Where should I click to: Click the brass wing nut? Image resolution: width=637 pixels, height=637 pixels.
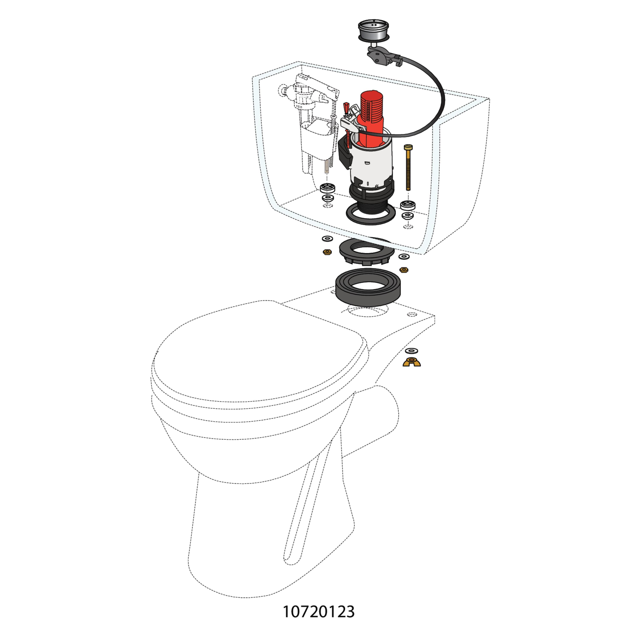412,362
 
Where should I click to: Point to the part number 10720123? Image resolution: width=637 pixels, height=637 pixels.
318,612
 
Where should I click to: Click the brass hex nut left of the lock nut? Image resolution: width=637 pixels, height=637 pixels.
327,252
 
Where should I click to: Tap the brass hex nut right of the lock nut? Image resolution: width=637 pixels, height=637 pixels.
404,270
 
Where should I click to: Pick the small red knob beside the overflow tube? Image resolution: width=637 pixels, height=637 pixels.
346,107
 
